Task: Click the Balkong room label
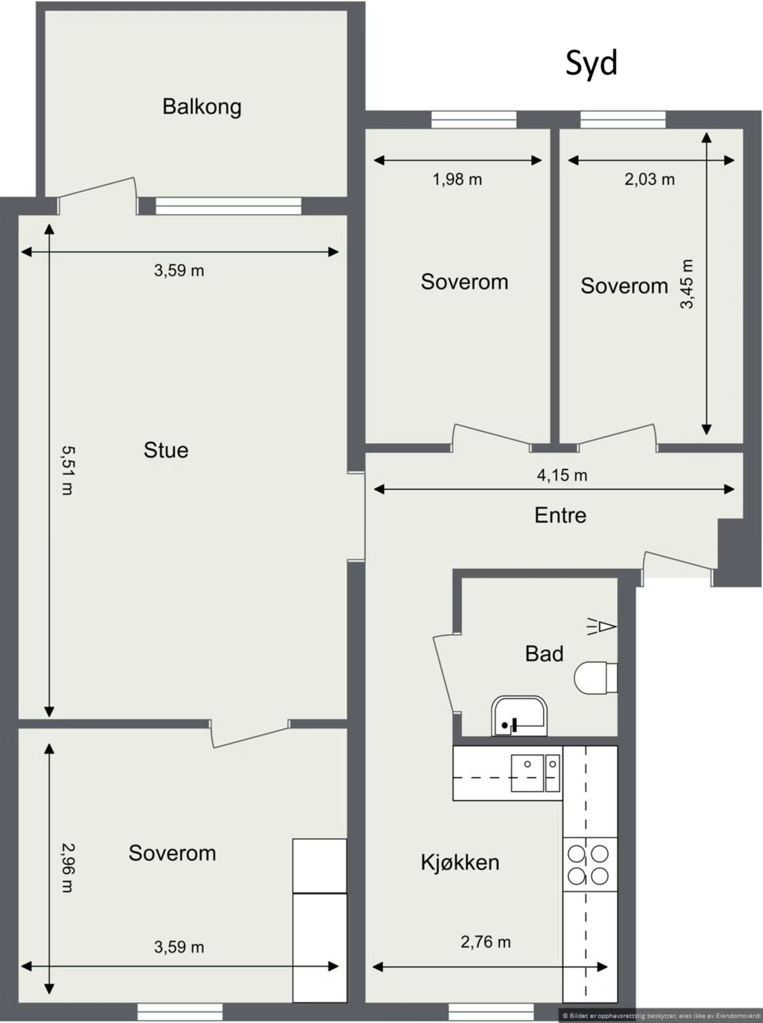(x=202, y=107)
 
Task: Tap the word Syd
(x=591, y=63)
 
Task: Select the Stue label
(x=165, y=450)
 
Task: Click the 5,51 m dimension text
(x=67, y=470)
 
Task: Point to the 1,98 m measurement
(x=457, y=180)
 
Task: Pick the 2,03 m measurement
(x=649, y=180)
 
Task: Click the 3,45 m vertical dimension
(x=687, y=284)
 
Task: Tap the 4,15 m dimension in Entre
(x=562, y=475)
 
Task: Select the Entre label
(x=560, y=515)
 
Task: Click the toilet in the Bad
(x=594, y=677)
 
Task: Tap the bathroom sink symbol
(x=519, y=716)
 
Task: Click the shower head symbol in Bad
(x=602, y=626)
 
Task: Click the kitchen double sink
(x=535, y=772)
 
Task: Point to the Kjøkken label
(x=460, y=862)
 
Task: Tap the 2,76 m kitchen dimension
(x=486, y=942)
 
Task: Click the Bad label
(x=544, y=654)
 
